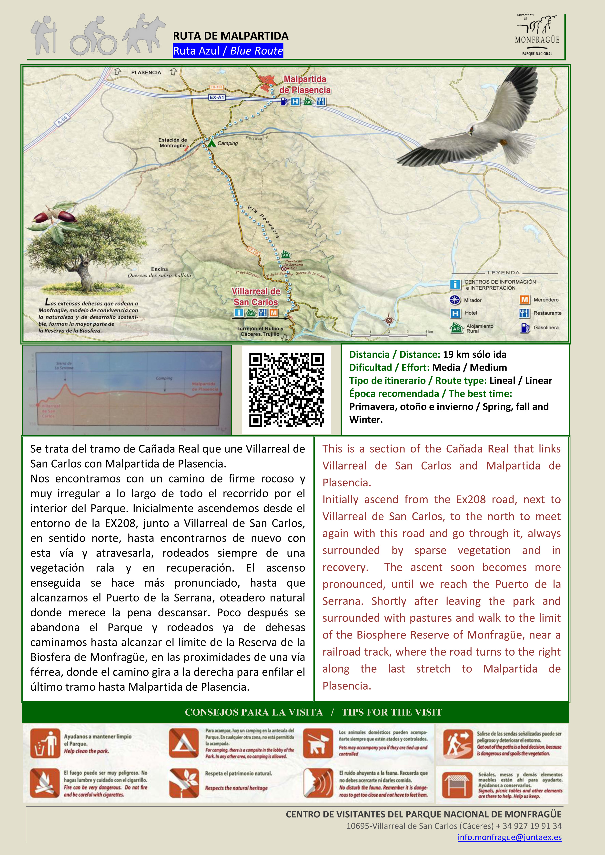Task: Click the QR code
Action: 286,390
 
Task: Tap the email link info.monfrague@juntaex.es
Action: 509,837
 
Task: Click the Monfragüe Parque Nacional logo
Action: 537,35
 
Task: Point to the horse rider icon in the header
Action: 143,34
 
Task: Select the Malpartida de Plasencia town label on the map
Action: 305,85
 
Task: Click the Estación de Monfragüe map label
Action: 172,143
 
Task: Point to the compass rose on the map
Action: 389,320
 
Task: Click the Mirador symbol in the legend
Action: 455,300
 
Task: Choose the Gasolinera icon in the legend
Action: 524,328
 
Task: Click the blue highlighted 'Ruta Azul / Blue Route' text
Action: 228,51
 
